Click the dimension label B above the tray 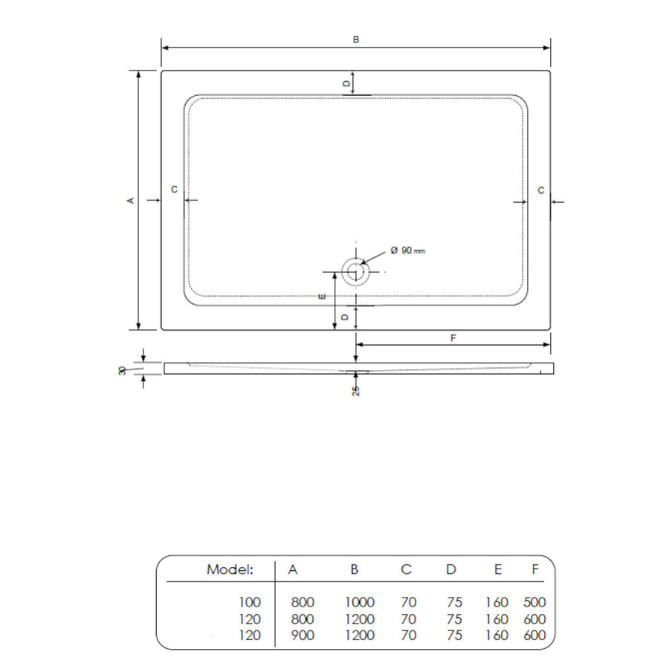pos(356,39)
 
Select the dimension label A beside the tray pos(130,200)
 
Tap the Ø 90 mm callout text pos(408,251)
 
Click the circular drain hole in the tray pos(355,271)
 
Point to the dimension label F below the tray pos(453,337)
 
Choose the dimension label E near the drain pos(322,297)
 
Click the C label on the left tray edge pos(174,190)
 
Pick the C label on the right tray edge pos(540,190)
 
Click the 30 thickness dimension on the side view pos(123,369)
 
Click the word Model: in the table pos(230,570)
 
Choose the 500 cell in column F pos(534,602)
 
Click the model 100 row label pos(251,602)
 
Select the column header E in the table pos(497,570)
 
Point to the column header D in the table pos(451,570)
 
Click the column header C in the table pos(406,570)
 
